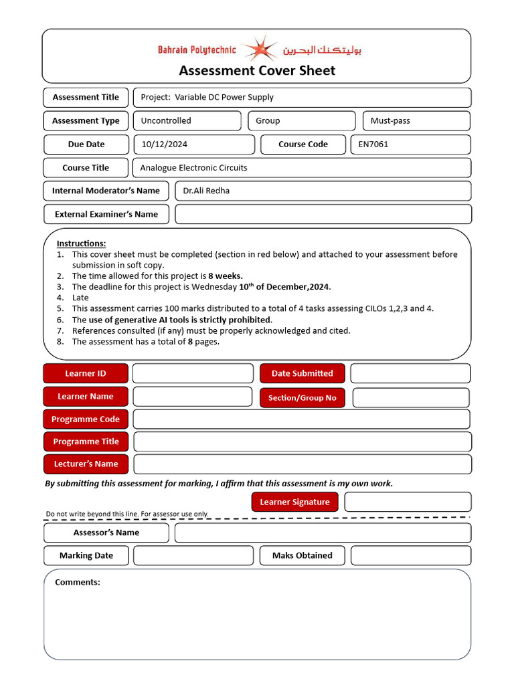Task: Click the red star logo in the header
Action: pyautogui.click(x=259, y=50)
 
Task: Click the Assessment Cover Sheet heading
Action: pyautogui.click(x=257, y=71)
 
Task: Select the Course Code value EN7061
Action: pyautogui.click(x=373, y=144)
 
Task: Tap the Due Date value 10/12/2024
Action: pyautogui.click(x=165, y=144)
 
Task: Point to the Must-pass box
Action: pyautogui.click(x=416, y=121)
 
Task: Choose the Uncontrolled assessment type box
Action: pyautogui.click(x=187, y=121)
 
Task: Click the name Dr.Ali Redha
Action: pyautogui.click(x=206, y=191)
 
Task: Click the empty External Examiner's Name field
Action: pyautogui.click(x=323, y=214)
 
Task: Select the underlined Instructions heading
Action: pyautogui.click(x=81, y=243)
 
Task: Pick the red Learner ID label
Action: pyautogui.click(x=86, y=373)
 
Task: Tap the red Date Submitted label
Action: pyautogui.click(x=302, y=373)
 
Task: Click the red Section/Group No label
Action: pyautogui.click(x=302, y=398)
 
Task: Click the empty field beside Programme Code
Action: pyautogui.click(x=301, y=419)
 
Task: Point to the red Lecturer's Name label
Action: pyautogui.click(x=86, y=464)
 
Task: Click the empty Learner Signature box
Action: pyautogui.click(x=408, y=502)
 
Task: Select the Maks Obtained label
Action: pyautogui.click(x=302, y=556)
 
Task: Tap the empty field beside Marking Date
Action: pyautogui.click(x=193, y=556)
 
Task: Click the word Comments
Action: pyautogui.click(x=78, y=583)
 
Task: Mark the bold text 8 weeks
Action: pyautogui.click(x=226, y=276)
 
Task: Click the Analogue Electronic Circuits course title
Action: pyautogui.click(x=193, y=168)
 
